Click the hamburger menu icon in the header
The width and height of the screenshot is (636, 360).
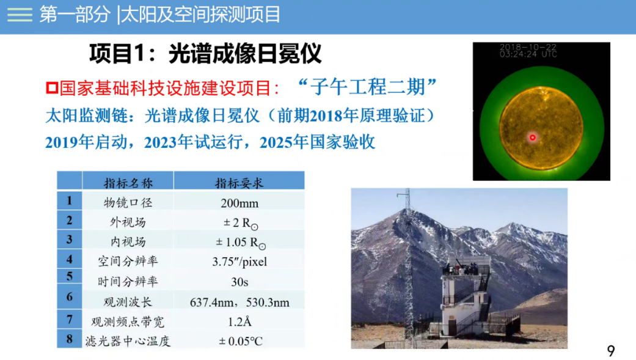pos(20,15)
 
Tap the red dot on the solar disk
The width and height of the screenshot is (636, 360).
pos(533,138)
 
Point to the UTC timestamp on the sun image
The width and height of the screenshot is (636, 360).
pos(528,51)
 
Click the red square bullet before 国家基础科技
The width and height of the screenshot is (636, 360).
pos(52,88)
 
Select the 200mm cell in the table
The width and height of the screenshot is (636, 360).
pos(239,203)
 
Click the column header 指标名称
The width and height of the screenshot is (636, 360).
pos(128,183)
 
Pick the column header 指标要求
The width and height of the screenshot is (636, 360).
pos(239,183)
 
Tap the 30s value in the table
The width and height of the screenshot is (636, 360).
pos(239,282)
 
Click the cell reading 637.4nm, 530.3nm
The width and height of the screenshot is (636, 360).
pos(239,303)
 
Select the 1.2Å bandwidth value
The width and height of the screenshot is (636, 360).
pos(239,322)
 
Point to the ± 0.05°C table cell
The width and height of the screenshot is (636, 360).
pos(241,341)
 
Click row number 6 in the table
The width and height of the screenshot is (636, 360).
pos(70,297)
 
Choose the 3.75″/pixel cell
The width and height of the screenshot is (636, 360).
pos(239,262)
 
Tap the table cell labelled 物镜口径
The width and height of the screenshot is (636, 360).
pos(128,202)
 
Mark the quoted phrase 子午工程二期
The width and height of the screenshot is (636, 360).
pos(367,87)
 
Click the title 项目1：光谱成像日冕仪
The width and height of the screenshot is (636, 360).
pos(205,54)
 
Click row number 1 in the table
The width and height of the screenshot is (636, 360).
pos(70,200)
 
